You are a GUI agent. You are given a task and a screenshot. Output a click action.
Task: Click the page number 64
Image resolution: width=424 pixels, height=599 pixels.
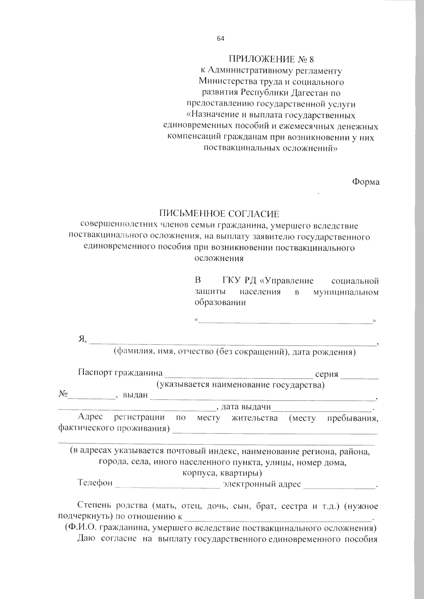pyautogui.click(x=220, y=39)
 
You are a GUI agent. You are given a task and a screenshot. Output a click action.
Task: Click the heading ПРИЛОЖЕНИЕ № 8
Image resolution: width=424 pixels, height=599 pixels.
pyautogui.click(x=271, y=59)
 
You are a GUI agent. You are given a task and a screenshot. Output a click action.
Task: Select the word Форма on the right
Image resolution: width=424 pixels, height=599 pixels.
pyautogui.click(x=366, y=182)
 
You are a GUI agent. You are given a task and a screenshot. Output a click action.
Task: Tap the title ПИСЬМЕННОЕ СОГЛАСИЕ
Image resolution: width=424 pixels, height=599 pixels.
pyautogui.click(x=219, y=214)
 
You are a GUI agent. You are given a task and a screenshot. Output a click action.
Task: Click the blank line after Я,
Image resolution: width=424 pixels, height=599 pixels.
pyautogui.click(x=233, y=342)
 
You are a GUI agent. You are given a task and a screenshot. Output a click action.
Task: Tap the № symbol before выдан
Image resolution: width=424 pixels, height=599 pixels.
pyautogui.click(x=63, y=394)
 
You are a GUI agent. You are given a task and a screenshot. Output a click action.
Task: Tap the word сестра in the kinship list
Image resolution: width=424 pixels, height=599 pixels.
pyautogui.click(x=294, y=506)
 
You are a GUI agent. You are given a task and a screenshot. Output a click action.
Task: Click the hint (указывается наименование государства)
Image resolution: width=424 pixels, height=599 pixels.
pyautogui.click(x=240, y=384)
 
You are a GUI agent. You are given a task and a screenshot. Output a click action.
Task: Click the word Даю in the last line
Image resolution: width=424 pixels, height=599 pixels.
pyautogui.click(x=86, y=539)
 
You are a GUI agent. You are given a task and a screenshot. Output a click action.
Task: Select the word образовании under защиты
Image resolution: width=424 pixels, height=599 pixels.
pyautogui.click(x=220, y=303)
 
